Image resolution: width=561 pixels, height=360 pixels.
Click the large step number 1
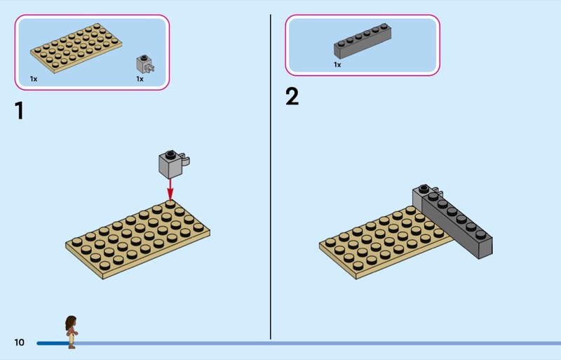click(19, 110)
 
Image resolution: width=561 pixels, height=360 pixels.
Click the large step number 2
click(292, 97)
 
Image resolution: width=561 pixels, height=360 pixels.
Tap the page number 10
click(19, 342)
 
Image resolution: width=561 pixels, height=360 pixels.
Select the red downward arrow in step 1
click(170, 188)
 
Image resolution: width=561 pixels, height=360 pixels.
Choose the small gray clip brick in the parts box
click(144, 64)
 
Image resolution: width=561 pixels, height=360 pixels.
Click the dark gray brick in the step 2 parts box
click(363, 41)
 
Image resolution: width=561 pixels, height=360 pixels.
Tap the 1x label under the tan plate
click(34, 79)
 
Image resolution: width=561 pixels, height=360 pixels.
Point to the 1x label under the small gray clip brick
click(140, 79)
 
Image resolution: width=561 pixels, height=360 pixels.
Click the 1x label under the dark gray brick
click(337, 65)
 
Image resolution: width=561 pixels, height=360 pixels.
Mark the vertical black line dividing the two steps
click(271, 175)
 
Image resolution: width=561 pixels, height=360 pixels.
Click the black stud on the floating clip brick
click(169, 153)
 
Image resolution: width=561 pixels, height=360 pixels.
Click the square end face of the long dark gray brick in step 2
click(485, 247)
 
